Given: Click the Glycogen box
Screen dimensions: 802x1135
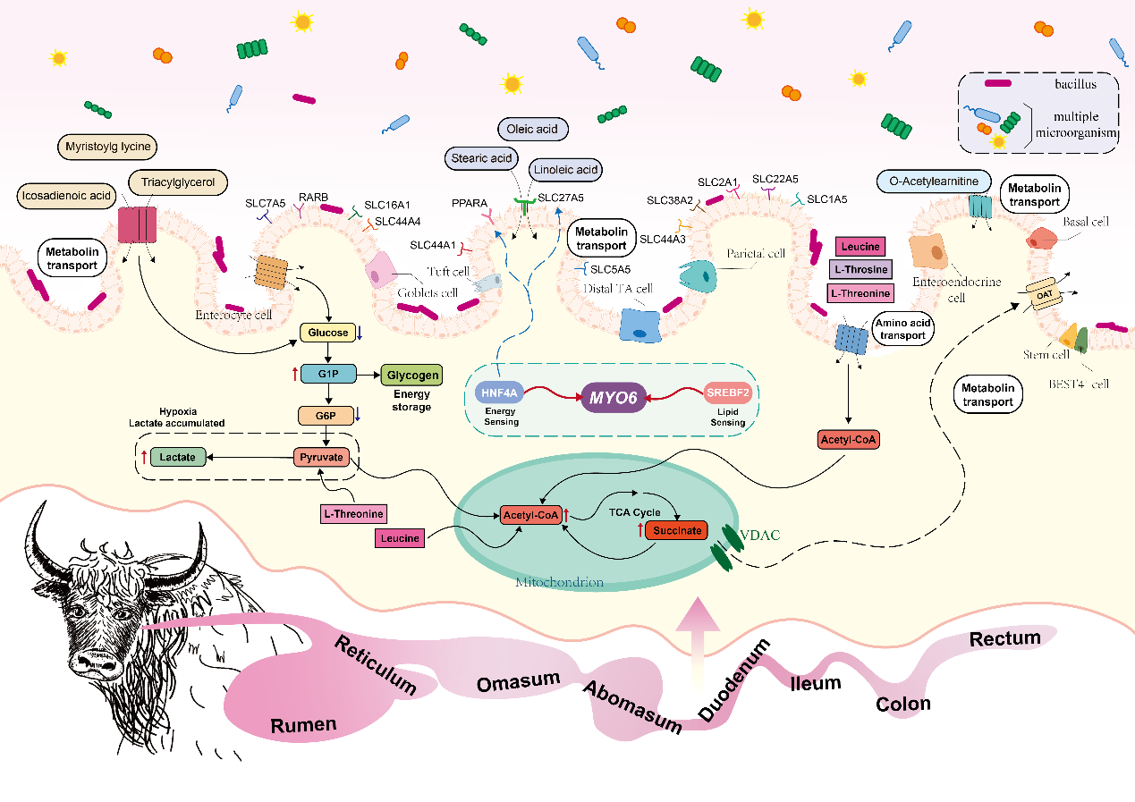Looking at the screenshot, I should (x=411, y=376).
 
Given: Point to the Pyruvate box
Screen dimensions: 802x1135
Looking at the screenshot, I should (x=319, y=457).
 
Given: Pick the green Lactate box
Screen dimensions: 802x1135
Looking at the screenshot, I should (x=178, y=457).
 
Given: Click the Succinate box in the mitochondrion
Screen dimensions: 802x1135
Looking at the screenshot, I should (x=676, y=530).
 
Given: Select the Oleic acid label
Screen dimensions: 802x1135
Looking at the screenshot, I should (x=532, y=130).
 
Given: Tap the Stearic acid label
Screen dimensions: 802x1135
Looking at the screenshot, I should (x=481, y=159).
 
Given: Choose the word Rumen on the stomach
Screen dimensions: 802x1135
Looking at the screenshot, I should (x=303, y=723).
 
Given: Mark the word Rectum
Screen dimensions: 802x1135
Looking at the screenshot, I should (x=1005, y=639).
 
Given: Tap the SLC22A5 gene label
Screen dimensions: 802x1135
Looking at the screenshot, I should (x=774, y=180).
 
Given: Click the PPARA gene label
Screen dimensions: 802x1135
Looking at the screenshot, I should (x=470, y=204).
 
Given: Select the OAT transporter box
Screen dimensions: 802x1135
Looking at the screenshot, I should (x=1045, y=293).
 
